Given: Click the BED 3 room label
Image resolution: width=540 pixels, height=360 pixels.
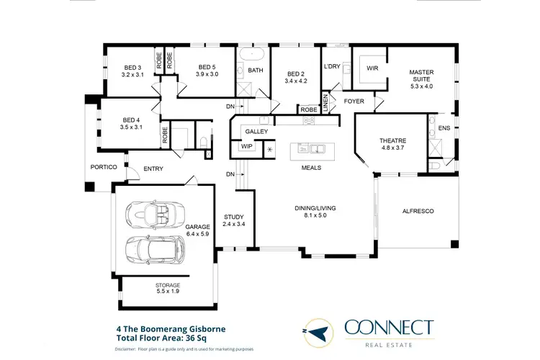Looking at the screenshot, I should (133, 68).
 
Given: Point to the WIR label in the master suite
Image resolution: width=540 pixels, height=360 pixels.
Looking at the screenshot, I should (373, 69).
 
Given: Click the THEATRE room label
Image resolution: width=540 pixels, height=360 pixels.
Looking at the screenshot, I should (393, 140).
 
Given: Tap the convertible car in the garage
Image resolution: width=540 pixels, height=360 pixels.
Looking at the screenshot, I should (152, 214).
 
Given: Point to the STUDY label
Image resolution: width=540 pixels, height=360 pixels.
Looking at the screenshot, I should (233, 217).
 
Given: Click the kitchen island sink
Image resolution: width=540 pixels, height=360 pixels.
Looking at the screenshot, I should (317, 150).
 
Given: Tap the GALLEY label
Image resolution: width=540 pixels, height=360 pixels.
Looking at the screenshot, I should (256, 132).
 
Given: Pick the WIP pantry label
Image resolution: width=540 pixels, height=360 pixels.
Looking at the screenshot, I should (247, 146).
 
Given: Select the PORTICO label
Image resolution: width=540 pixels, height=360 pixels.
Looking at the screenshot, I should (104, 168).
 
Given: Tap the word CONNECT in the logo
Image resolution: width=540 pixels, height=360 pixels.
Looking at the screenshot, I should (389, 328).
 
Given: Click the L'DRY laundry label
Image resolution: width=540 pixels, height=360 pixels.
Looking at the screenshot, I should (332, 66).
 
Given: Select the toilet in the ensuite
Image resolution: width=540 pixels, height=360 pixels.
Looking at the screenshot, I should (434, 166).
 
